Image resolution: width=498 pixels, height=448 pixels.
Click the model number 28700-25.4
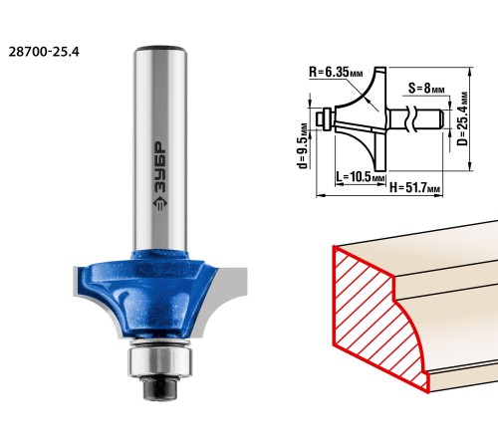[44, 52]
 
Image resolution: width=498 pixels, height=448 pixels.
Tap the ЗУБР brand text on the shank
[160, 168]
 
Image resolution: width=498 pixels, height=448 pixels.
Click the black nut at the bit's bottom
[159, 388]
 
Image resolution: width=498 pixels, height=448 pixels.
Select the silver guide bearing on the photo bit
[159, 362]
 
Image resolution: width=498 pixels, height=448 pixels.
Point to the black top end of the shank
[160, 49]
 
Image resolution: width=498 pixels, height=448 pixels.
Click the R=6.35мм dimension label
[336, 73]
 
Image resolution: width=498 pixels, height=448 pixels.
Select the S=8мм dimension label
[426, 89]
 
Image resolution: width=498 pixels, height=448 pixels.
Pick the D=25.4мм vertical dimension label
[462, 118]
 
